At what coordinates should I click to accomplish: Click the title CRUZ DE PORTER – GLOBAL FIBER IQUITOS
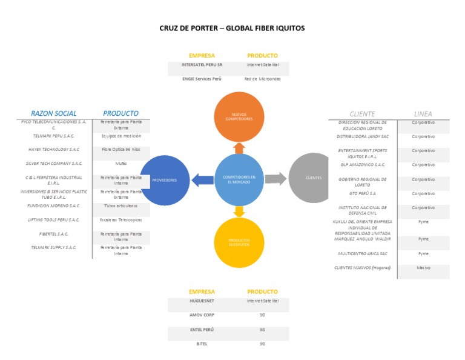pos(232,28)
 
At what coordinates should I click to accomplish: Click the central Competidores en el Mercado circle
pos(239,179)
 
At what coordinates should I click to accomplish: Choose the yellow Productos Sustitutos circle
pos(239,242)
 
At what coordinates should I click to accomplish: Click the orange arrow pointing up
pos(239,147)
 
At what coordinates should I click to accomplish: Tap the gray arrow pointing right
pos(275,179)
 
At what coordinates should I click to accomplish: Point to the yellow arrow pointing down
pos(239,211)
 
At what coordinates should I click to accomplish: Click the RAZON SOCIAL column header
pos(54,113)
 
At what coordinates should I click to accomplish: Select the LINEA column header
pos(423,114)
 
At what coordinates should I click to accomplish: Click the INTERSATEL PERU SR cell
pos(202,64)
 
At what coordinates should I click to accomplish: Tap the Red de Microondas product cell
pos(263,79)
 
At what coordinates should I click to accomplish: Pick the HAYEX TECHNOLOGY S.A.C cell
pos(54,149)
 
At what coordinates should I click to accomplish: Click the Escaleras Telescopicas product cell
pos(121,220)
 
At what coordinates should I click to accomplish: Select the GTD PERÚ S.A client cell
pos(363,193)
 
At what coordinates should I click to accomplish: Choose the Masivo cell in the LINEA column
pos(423,268)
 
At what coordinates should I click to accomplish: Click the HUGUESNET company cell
pos(202,301)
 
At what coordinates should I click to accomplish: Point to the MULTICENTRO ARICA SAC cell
pos(363,254)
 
